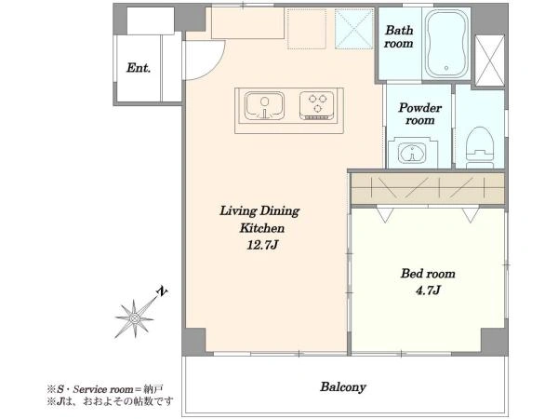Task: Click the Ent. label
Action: (139, 68)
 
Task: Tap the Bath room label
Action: (399, 36)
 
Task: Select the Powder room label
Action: (420, 114)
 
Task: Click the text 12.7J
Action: (262, 245)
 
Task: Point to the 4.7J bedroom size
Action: (428, 291)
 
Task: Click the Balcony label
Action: (342, 387)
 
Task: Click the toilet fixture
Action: (480, 147)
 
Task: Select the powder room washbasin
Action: (412, 154)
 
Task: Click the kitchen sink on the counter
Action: (264, 106)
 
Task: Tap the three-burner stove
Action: (317, 105)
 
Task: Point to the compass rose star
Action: (135, 318)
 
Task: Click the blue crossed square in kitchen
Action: (353, 29)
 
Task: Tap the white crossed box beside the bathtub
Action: (490, 61)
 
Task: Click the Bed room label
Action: (428, 274)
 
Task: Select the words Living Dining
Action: (259, 211)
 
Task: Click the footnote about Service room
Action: (105, 389)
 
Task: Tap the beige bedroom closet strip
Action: (428, 188)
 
